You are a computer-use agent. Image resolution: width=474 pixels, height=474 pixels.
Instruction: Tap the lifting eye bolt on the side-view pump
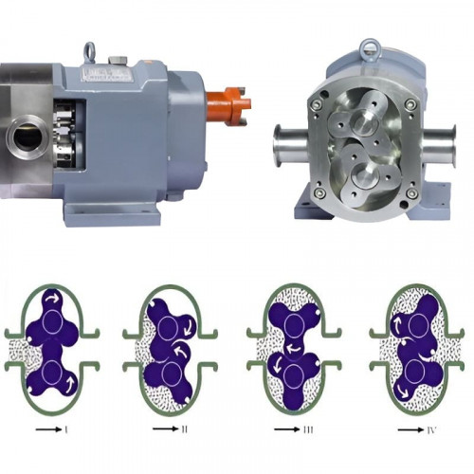(x=89, y=53)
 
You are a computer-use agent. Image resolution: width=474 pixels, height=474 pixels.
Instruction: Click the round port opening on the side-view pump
(x=27, y=137)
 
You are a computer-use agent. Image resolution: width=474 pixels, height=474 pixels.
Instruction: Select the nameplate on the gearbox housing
(x=106, y=73)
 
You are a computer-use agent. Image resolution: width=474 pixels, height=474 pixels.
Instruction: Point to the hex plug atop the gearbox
(x=118, y=60)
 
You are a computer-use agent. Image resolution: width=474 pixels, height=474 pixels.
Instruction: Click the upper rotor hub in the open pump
(x=366, y=121)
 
